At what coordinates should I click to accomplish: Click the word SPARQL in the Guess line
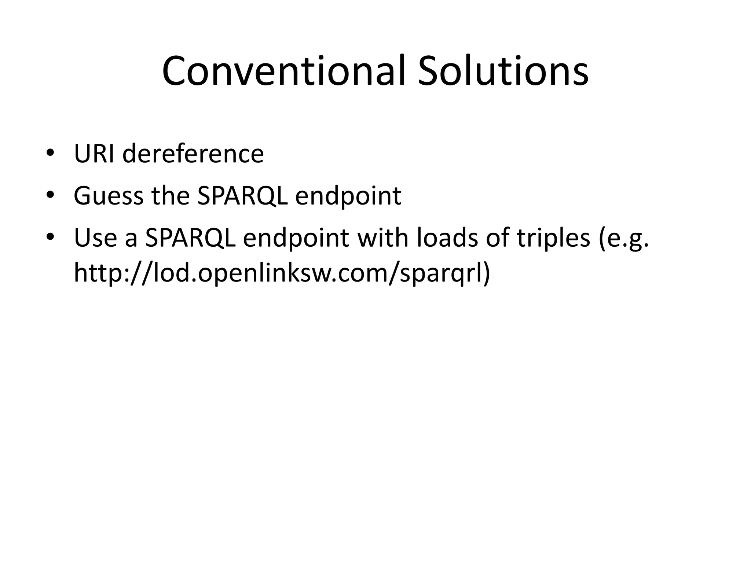pyautogui.click(x=242, y=196)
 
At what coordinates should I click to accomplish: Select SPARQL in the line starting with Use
pyautogui.click(x=190, y=238)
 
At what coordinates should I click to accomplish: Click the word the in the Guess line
pyautogui.click(x=171, y=196)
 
